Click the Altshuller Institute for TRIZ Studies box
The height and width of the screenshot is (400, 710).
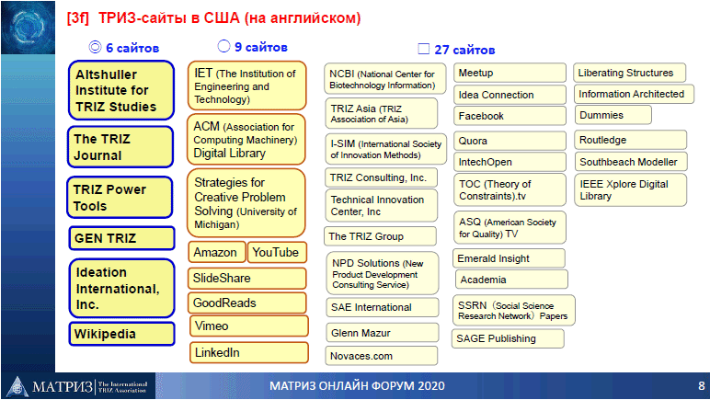121,90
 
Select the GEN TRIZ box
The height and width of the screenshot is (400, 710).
121,238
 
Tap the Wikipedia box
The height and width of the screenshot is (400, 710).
121,334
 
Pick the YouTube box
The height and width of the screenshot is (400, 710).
277,252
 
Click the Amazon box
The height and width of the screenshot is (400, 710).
217,252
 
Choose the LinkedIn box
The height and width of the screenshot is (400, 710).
249,352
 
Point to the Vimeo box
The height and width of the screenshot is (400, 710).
249,326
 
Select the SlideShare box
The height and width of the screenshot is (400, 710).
247,279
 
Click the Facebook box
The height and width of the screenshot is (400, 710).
510,116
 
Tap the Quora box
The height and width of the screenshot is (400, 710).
510,141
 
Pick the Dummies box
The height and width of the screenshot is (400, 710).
613,115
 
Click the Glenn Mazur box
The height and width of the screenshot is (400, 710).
383,333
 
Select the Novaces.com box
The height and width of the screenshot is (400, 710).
382,356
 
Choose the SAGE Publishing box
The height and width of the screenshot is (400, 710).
508,338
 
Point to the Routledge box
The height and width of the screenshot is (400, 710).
630,140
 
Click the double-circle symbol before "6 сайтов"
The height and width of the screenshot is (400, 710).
95,47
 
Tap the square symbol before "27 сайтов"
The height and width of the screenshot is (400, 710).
423,49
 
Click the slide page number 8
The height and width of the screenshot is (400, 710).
702,386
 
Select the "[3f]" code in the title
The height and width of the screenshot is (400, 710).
78,18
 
